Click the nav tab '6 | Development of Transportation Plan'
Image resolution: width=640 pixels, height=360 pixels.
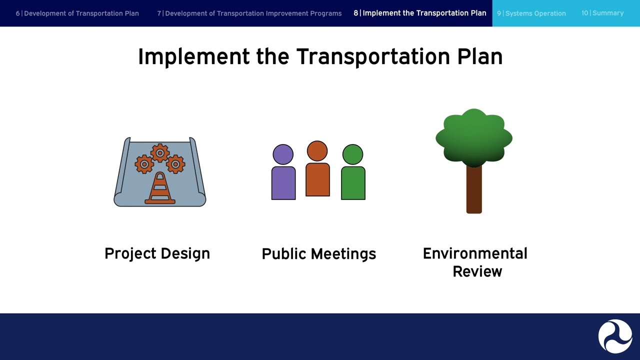click(77, 13)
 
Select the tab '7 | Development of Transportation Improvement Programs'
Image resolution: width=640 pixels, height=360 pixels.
click(249, 13)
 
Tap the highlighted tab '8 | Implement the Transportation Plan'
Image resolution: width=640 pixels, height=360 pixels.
click(419, 13)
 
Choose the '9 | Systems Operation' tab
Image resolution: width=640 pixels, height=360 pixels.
click(531, 13)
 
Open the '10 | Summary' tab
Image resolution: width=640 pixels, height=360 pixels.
click(602, 13)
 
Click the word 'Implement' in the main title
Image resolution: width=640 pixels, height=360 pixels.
click(193, 57)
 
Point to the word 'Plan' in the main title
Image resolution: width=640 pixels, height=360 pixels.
click(479, 57)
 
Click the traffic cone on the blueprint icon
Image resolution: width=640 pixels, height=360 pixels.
click(160, 189)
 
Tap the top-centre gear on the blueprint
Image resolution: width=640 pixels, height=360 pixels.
click(160, 152)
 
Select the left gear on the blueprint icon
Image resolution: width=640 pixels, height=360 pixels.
click(144, 164)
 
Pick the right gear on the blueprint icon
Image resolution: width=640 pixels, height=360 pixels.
click(175, 164)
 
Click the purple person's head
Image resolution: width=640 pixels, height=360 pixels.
click(283, 154)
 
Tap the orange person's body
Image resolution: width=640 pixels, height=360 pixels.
click(317, 179)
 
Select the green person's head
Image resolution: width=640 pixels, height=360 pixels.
click(353, 154)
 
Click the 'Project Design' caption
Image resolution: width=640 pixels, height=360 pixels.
click(157, 253)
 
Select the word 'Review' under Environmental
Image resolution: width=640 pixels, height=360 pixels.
click(477, 271)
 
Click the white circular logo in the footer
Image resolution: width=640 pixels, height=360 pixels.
click(615, 336)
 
